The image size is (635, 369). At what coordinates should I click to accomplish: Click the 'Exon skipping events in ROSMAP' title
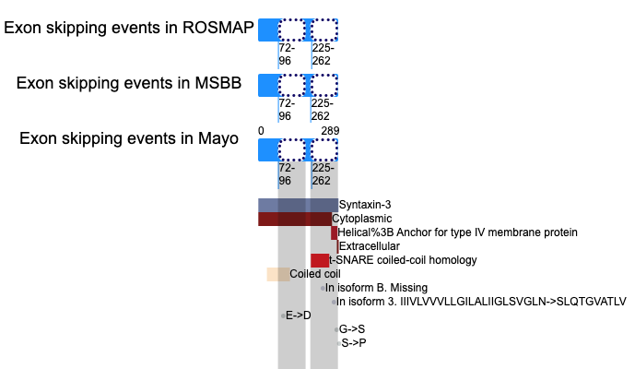[x=129, y=28]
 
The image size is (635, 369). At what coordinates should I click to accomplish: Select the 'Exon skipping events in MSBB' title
[x=129, y=83]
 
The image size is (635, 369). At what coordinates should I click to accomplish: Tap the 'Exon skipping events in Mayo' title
[x=129, y=138]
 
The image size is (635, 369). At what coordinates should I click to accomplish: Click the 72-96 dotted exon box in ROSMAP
[x=291, y=30]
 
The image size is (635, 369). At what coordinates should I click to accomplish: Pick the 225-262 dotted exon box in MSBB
[x=324, y=85]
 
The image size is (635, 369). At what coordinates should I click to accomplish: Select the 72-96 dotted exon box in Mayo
[x=291, y=150]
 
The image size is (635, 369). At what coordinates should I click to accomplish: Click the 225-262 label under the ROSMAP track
[x=323, y=54]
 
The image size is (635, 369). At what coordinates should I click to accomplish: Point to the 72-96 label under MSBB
[x=287, y=110]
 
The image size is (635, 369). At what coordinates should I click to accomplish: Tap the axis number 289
[x=330, y=131]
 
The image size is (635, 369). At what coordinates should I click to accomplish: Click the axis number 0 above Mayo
[x=261, y=131]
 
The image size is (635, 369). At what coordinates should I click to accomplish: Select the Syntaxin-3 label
[x=365, y=205]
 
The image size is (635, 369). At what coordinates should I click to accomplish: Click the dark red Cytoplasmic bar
[x=295, y=219]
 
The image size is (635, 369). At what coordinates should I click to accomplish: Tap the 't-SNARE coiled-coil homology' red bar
[x=320, y=260]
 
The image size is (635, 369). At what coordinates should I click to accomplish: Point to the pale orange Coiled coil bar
[x=278, y=274]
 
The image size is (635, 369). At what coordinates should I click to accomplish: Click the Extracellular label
[x=370, y=246]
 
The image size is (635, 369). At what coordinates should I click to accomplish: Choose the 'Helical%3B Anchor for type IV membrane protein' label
[x=458, y=232]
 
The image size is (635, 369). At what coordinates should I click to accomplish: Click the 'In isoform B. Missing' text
[x=376, y=288]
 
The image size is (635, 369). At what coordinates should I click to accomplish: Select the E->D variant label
[x=299, y=315]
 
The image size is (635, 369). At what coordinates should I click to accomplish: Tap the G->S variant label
[x=352, y=329]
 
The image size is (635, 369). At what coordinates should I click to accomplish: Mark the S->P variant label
[x=354, y=343]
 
